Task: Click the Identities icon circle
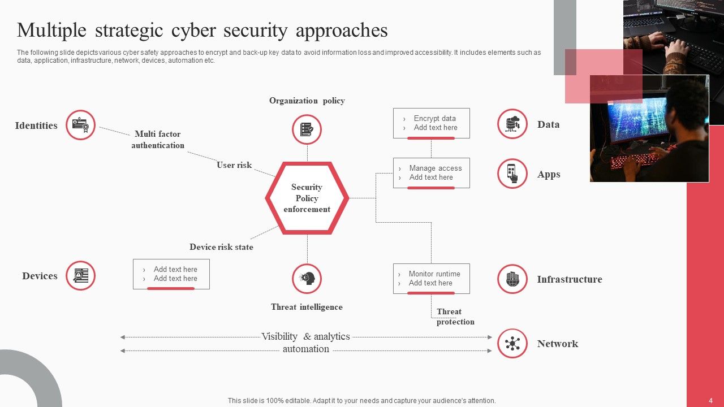pos(80,125)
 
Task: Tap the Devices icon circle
pos(80,276)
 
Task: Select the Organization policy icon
pos(307,129)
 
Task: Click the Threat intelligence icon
pos(307,279)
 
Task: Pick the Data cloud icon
pos(512,124)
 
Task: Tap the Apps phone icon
pos(512,173)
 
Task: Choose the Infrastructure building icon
pos(512,279)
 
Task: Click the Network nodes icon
pos(512,343)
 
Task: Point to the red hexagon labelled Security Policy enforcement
pos(307,198)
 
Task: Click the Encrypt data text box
pos(431,123)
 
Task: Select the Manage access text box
pos(431,173)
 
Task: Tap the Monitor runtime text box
pos(431,279)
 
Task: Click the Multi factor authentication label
pos(158,140)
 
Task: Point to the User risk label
pos(234,165)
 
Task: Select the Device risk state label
pos(221,247)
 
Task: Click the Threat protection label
pos(455,317)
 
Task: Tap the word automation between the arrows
pos(306,349)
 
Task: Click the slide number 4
pos(711,401)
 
